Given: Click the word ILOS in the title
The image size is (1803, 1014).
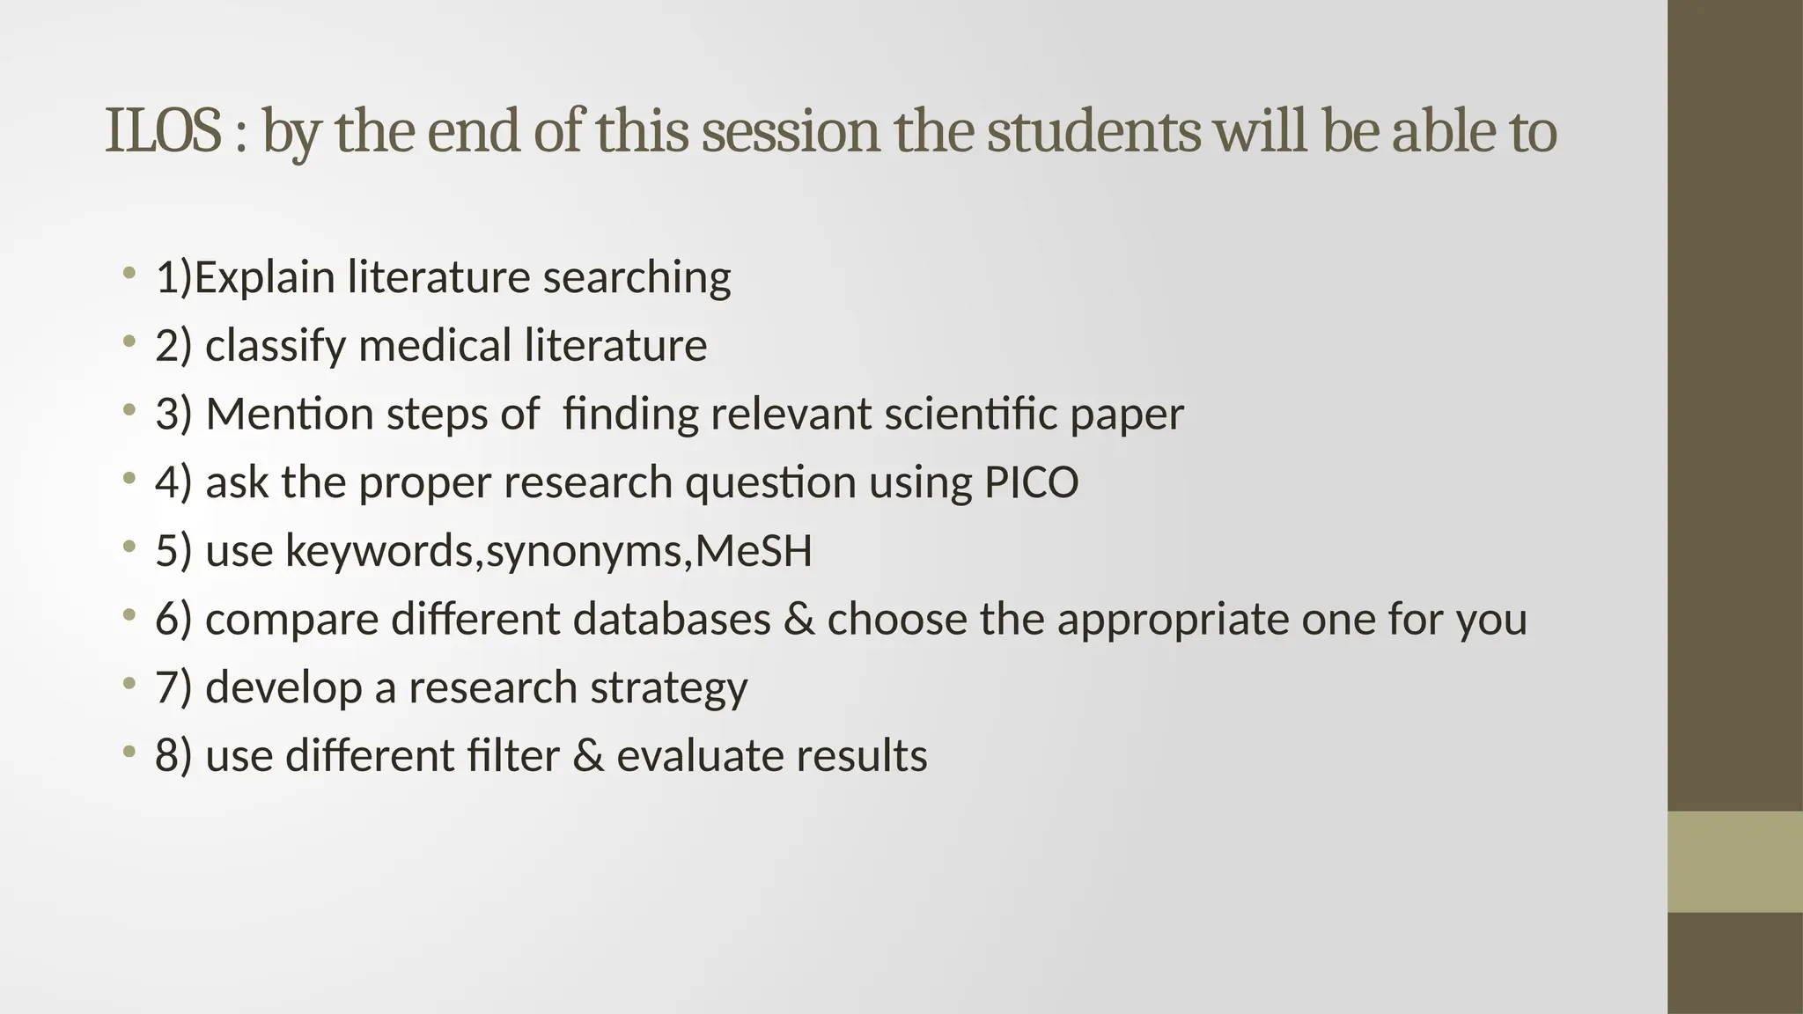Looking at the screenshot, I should [163, 131].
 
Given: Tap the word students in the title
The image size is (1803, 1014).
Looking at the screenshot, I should [1093, 131].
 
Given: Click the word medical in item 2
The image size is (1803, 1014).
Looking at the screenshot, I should [434, 344].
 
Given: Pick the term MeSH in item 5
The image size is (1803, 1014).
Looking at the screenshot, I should [754, 551].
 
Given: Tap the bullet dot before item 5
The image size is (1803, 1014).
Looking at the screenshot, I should [129, 547].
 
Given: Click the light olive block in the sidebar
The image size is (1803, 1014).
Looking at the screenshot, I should [1735, 862].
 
